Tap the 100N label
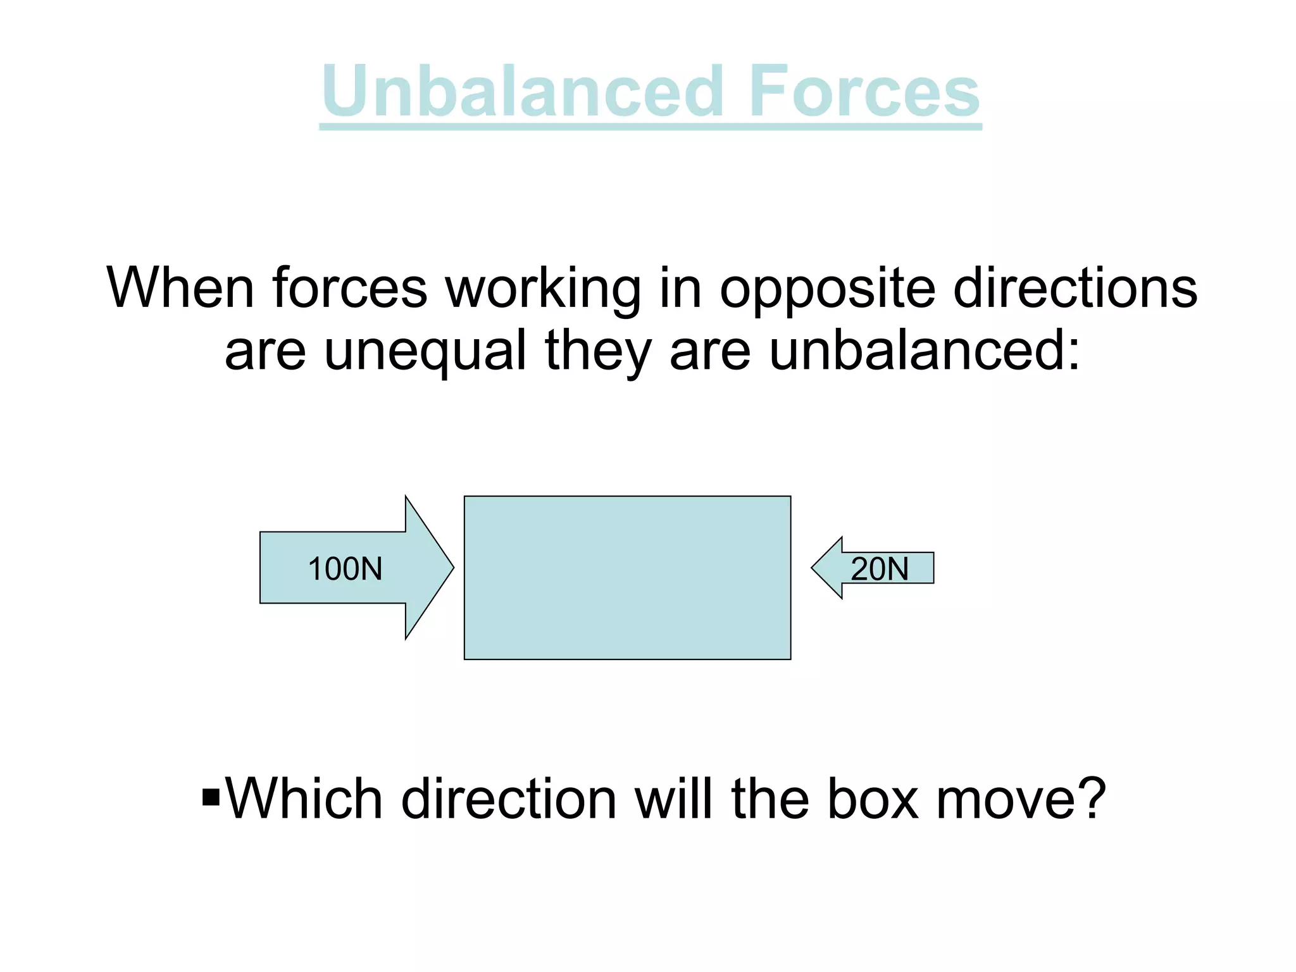coord(345,568)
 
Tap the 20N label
coord(880,568)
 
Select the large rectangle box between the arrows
coord(627,577)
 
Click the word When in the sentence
coord(180,288)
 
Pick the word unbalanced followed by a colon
coord(924,351)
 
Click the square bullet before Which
coord(211,798)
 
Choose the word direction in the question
coord(509,799)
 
